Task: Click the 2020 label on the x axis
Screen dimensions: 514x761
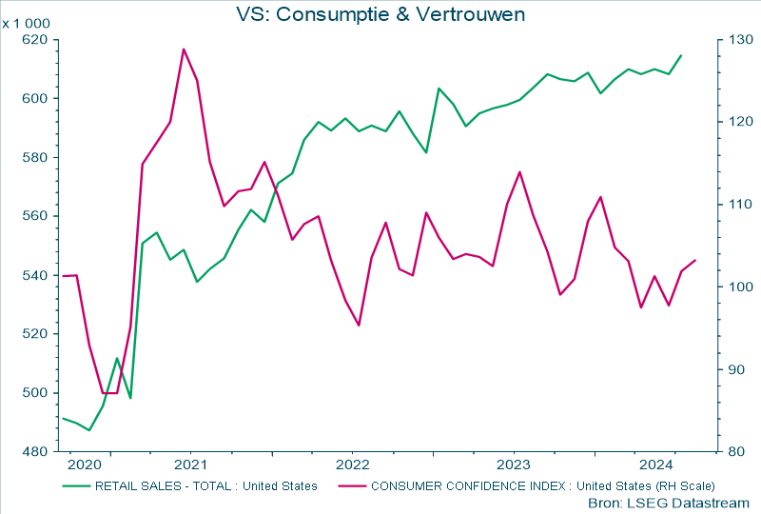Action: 84,465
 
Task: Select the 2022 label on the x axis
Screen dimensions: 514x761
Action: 352,465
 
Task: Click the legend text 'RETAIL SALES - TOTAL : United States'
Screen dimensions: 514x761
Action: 205,486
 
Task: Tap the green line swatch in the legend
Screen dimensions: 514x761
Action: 75,486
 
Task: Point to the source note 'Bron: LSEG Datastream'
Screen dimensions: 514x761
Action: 669,503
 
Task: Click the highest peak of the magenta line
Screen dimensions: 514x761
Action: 184,49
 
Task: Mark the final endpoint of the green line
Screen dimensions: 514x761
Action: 681,55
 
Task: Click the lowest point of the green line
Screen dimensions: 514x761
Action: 89,430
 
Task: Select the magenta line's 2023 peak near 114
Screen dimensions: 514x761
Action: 518,172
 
